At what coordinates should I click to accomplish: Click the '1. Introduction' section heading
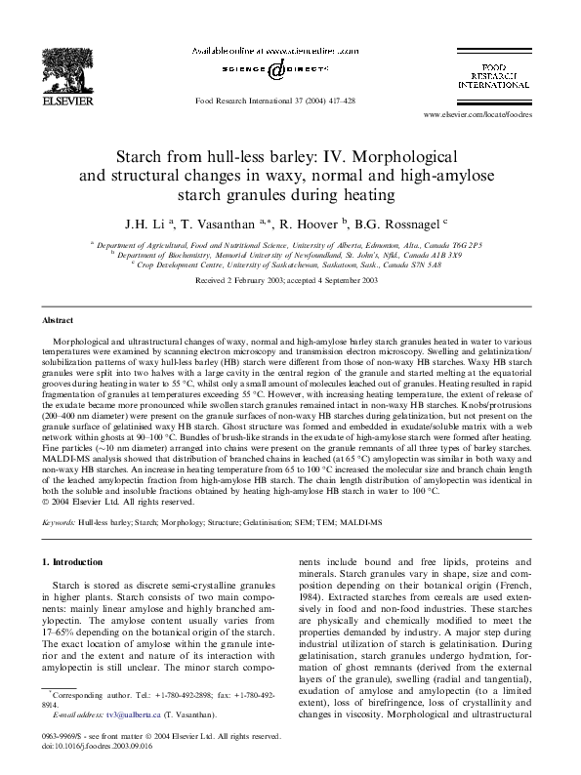point(76,561)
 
